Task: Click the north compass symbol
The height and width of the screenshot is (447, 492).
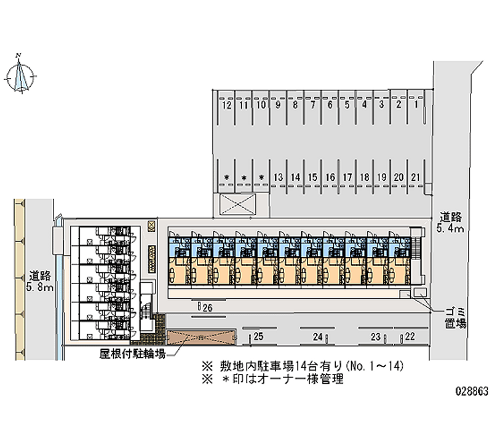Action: click(22, 76)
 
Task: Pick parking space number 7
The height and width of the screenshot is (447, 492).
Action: click(313, 106)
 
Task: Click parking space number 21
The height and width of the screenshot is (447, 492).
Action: click(416, 178)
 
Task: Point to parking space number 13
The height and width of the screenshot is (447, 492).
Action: click(279, 178)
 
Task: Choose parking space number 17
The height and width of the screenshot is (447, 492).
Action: click(347, 178)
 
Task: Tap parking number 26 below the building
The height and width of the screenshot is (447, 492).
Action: click(207, 307)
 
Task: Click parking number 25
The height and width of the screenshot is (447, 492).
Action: click(258, 336)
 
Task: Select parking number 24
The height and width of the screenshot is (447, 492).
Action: click(317, 336)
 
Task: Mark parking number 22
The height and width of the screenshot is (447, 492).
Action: click(410, 336)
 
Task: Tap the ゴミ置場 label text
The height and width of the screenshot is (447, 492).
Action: click(456, 317)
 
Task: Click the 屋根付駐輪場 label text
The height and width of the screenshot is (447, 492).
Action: click(132, 354)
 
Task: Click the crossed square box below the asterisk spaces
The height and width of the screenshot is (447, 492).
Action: click(236, 205)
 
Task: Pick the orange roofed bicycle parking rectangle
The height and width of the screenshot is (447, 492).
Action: click(201, 338)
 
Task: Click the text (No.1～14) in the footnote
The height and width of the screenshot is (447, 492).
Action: click(374, 366)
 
